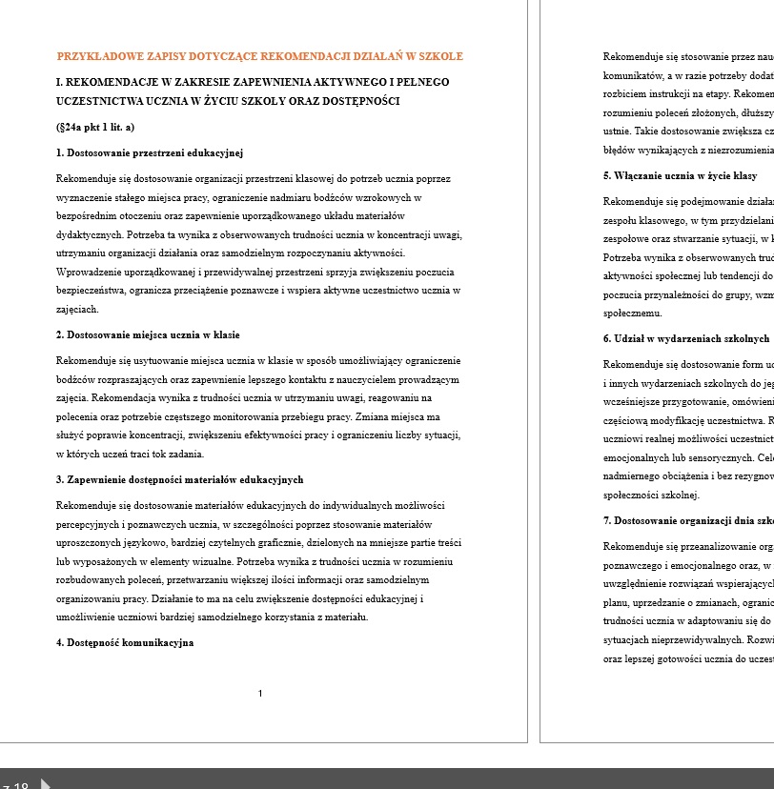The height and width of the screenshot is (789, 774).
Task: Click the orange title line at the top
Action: point(259,56)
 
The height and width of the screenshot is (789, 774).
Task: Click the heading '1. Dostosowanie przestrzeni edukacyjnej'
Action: point(150,152)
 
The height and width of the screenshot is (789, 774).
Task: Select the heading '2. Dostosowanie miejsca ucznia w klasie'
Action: point(148,335)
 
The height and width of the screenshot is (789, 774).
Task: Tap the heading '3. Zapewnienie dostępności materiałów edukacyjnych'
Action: point(179,479)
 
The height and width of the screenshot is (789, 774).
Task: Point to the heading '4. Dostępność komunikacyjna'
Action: point(125,643)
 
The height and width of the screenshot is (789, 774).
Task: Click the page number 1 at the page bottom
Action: point(260,693)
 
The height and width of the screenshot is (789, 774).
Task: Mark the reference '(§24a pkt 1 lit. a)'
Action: point(95,127)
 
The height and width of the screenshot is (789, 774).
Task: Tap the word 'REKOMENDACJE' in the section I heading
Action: point(113,83)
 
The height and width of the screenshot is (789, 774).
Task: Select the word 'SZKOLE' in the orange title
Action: point(442,56)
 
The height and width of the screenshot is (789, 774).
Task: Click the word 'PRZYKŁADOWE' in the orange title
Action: point(95,56)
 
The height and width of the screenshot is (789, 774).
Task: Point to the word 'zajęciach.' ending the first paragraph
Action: point(77,309)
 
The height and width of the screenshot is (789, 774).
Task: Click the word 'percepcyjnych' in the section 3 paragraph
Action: point(88,524)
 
